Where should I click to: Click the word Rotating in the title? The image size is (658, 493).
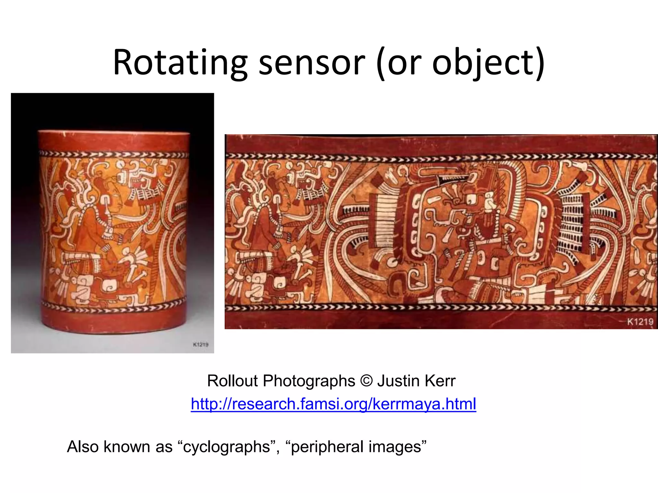[180, 63]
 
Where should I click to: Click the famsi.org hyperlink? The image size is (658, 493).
[333, 404]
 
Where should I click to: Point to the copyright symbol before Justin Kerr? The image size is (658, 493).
[366, 381]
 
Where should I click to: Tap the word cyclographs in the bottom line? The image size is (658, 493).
[227, 447]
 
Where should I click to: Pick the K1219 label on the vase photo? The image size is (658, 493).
[200, 345]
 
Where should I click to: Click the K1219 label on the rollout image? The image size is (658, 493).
[640, 322]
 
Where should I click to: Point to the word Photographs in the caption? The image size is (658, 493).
[309, 381]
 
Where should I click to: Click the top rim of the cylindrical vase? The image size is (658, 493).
[114, 132]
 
